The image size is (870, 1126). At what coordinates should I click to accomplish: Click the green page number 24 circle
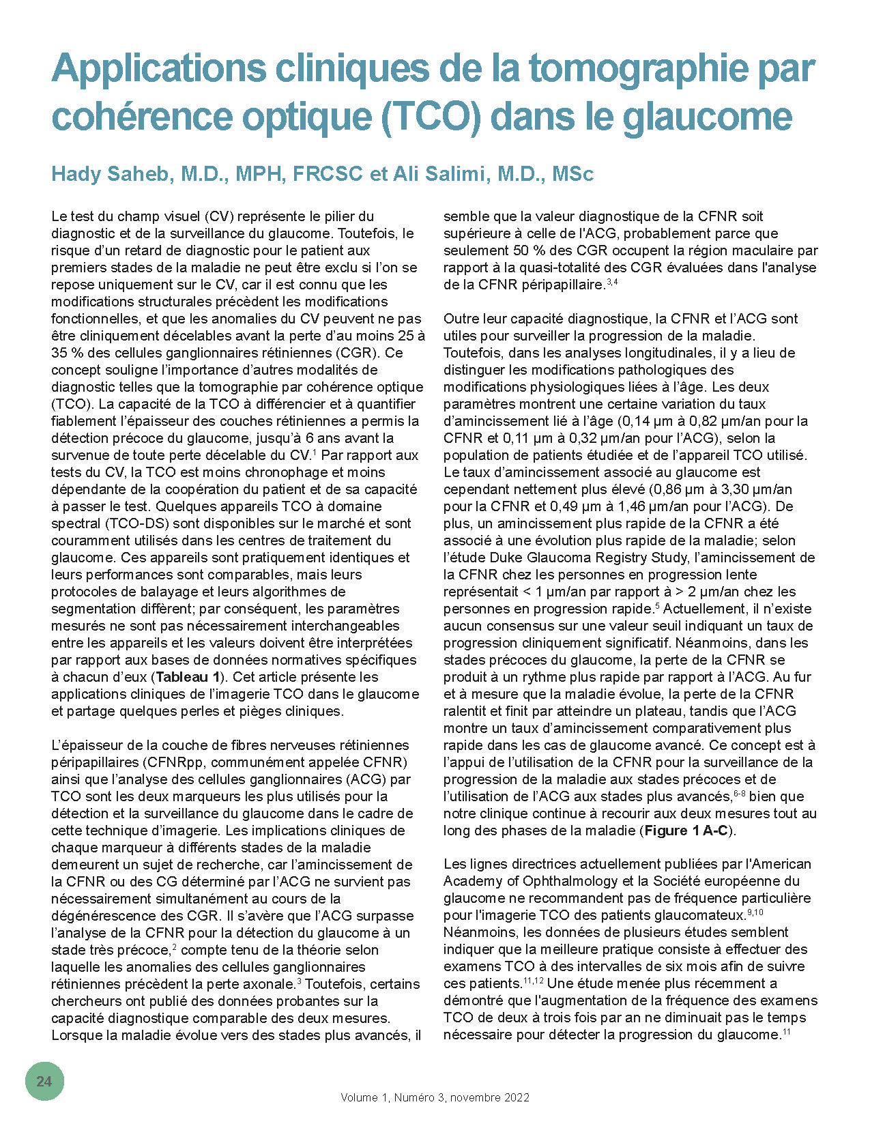[x=44, y=1081]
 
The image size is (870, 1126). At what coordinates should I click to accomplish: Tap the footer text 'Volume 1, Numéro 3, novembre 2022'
[x=435, y=1097]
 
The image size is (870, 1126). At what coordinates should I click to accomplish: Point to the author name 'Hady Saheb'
[x=110, y=174]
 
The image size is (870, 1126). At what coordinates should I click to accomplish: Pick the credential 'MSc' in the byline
[x=572, y=174]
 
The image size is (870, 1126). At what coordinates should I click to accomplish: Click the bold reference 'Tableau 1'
[x=187, y=677]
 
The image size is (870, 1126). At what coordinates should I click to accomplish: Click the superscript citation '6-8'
[x=739, y=794]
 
